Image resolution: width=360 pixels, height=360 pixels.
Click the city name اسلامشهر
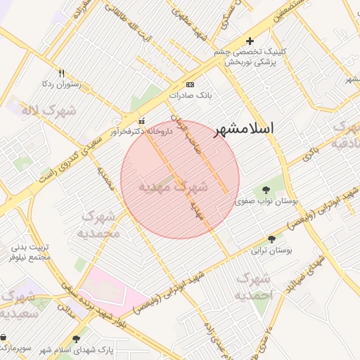[x=243, y=129]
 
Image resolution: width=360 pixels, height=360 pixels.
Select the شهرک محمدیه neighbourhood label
[x=98, y=224]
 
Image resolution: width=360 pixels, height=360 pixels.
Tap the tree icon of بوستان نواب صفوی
[x=266, y=189]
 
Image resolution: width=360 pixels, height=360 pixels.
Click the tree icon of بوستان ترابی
[x=271, y=239]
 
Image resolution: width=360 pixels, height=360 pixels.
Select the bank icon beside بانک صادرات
[x=189, y=84]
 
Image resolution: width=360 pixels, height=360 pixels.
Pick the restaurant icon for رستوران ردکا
[x=62, y=73]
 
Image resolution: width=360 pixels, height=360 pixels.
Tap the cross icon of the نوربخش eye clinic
[x=250, y=41]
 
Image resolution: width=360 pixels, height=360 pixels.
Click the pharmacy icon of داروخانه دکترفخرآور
[x=143, y=120]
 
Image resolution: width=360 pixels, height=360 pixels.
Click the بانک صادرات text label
[x=190, y=95]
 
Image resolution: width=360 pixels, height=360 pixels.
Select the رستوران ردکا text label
[x=61, y=84]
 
